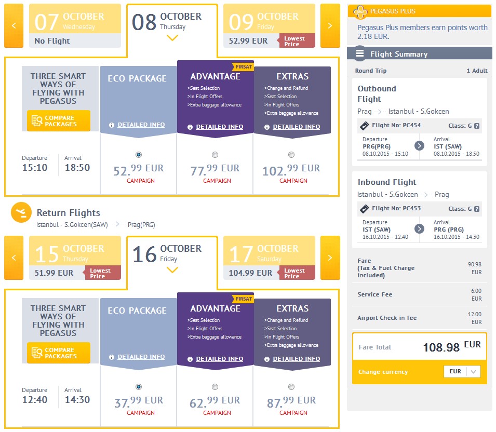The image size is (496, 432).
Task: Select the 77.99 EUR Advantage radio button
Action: [x=215, y=155]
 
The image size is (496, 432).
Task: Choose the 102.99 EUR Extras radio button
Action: [x=291, y=155]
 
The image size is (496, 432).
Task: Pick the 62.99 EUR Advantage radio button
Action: [x=215, y=387]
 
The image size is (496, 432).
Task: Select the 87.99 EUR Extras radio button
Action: [x=291, y=387]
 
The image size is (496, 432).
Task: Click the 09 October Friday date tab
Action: [x=269, y=25]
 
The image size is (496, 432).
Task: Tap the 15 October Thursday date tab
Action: [x=75, y=258]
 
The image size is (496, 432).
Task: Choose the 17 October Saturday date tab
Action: [x=269, y=258]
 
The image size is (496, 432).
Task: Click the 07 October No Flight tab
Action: [x=75, y=25]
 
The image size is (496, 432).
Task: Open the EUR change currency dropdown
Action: [x=462, y=371]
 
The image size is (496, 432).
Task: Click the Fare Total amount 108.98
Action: [x=441, y=347]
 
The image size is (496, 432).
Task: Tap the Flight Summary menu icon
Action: [x=360, y=53]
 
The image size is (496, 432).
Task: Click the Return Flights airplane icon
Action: [x=21, y=212]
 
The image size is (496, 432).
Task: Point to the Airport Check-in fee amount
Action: [x=475, y=318]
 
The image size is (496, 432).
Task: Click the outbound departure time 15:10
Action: [x=35, y=167]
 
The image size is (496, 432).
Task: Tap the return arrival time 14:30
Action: [x=77, y=399]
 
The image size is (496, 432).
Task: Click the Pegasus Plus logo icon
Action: [x=360, y=12]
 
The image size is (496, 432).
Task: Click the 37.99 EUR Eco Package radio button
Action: [x=139, y=387]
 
